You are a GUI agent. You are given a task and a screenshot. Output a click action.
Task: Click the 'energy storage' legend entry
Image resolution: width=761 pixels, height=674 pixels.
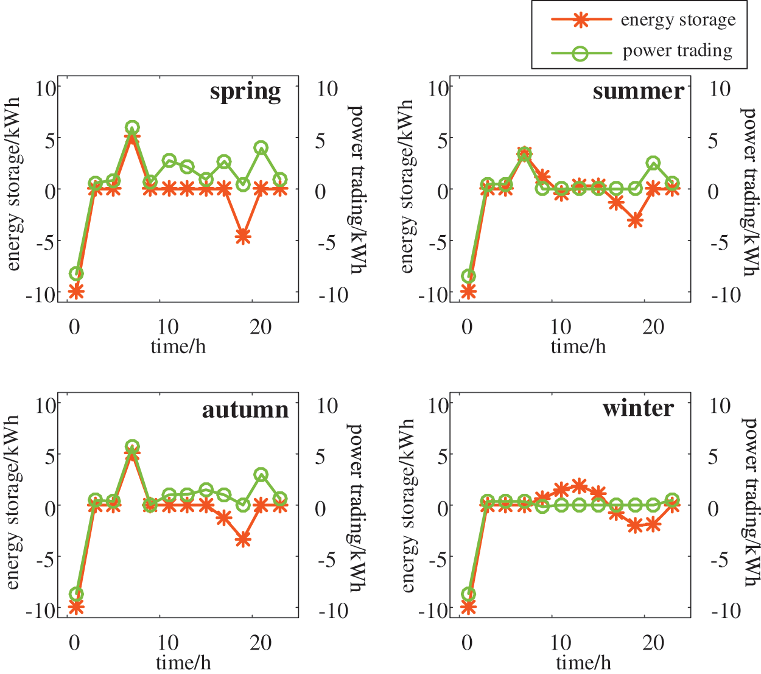[x=678, y=20]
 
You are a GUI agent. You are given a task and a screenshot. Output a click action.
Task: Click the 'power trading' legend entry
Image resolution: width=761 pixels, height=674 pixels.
[x=677, y=51]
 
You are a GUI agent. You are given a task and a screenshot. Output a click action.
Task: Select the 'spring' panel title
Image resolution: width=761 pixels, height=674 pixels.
[x=245, y=92]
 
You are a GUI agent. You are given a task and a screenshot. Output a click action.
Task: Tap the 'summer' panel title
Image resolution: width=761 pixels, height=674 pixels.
[x=638, y=91]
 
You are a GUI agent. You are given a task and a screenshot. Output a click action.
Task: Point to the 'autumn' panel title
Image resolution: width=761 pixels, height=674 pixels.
[x=245, y=409]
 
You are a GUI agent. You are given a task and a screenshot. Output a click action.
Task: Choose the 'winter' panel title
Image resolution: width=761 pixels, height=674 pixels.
[x=638, y=408]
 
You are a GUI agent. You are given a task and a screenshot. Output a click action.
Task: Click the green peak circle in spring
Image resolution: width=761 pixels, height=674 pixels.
[x=132, y=128]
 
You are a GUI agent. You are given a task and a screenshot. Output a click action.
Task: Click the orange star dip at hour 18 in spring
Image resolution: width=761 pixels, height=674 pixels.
[x=243, y=237]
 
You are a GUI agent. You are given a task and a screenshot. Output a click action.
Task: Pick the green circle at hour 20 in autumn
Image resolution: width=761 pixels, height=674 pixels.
[x=261, y=475]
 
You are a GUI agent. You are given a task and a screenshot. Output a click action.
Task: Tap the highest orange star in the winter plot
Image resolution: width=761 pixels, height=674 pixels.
[x=580, y=485]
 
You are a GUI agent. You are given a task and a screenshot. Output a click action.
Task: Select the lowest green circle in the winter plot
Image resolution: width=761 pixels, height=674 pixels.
[x=468, y=594]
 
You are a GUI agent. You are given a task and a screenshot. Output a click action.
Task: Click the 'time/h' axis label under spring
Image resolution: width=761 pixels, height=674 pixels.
[x=178, y=347]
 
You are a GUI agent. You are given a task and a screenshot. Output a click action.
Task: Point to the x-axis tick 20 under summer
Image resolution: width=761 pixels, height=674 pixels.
[x=653, y=327]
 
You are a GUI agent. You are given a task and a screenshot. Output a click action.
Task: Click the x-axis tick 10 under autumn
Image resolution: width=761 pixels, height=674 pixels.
[x=168, y=643]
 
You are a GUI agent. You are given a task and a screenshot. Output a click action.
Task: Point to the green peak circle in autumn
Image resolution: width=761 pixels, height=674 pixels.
[x=132, y=447]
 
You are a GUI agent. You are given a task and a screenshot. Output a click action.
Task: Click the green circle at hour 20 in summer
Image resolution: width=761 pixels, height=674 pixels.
[x=654, y=163]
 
